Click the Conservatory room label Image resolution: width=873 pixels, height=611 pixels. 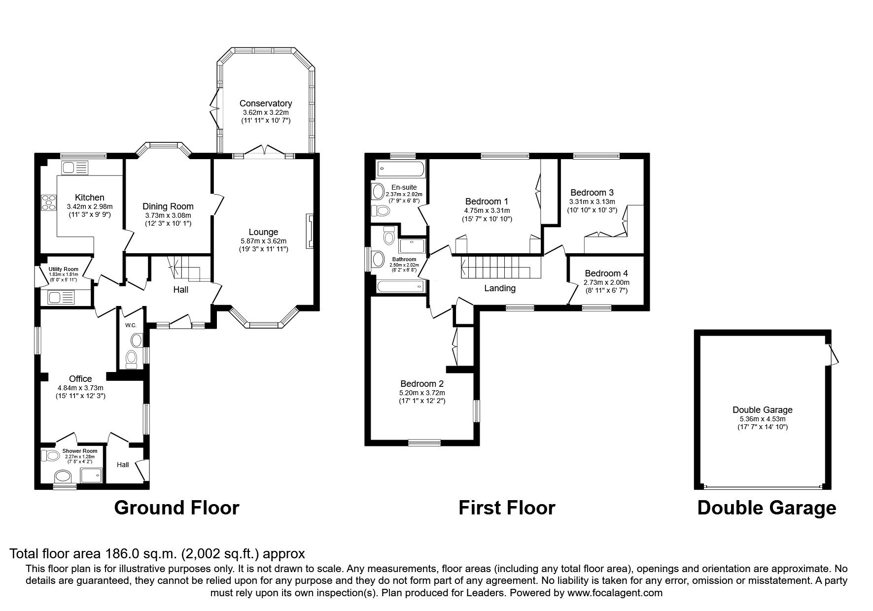coord(266,103)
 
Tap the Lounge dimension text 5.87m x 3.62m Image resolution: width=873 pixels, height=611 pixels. coord(263,241)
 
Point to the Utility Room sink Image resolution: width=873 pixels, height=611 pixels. coord(61,297)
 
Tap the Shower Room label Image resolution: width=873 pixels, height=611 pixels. coord(80,451)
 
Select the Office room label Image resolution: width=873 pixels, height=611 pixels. coord(80,378)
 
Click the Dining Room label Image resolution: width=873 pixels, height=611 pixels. coord(168,206)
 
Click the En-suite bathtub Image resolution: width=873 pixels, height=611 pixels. coord(400,169)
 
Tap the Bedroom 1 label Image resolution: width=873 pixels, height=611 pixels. coord(487,202)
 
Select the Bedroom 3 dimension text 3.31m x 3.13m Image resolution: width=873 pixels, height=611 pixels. coord(592,202)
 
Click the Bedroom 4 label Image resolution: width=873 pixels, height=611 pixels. coord(606,273)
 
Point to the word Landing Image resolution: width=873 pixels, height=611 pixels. coord(500,289)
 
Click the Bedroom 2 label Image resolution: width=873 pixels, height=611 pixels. coord(422,384)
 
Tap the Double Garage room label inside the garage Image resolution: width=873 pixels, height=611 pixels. coord(763,410)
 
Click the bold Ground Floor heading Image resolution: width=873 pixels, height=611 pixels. coord(176,508)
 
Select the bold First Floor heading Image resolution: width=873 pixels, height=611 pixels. coord(507,508)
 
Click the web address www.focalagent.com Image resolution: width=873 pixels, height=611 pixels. coord(615,593)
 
